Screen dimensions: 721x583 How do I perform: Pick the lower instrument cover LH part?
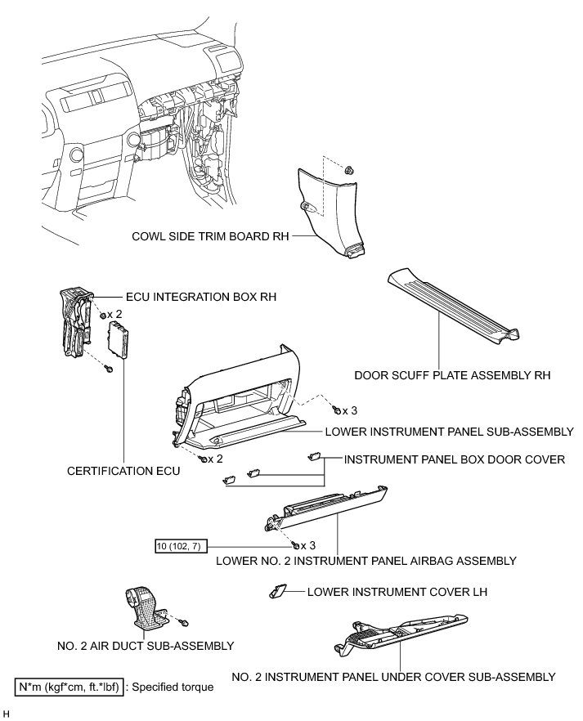277,590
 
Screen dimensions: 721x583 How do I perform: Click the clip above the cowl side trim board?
349,171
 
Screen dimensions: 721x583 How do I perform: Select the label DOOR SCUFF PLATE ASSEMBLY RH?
452,376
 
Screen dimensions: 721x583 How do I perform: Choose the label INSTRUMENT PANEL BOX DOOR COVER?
455,459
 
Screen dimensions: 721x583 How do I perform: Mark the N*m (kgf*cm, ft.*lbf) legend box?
70,687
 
